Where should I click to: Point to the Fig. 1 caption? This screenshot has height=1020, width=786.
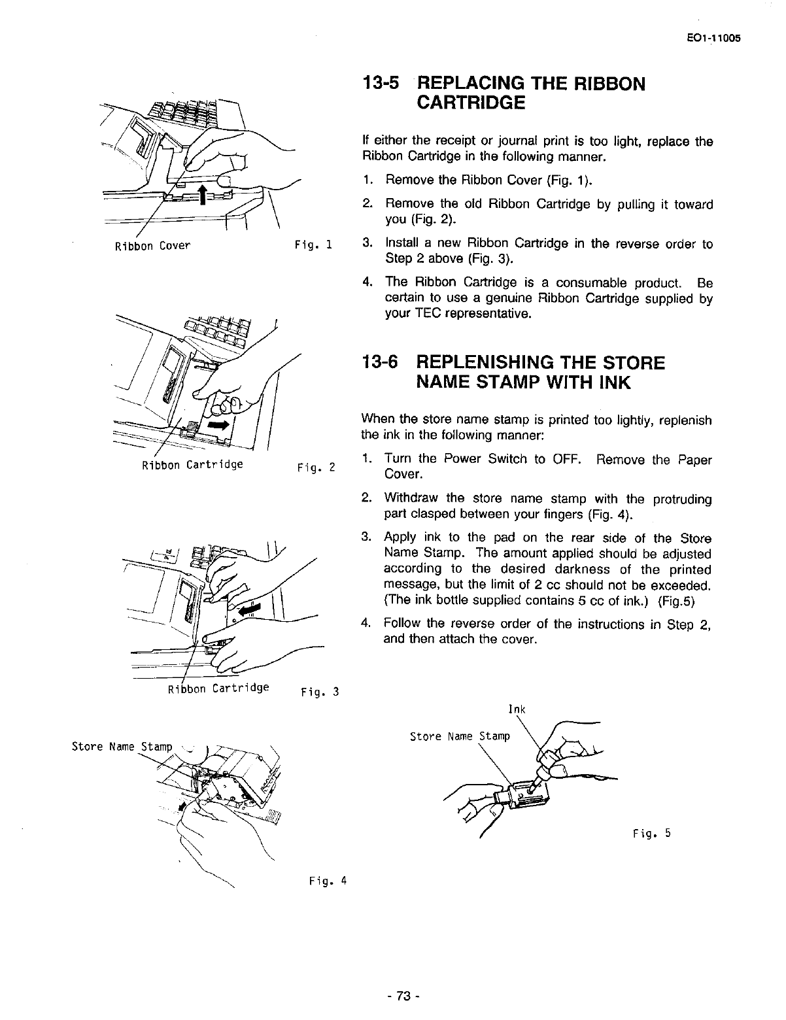[314, 246]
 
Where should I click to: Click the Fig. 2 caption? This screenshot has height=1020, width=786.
[316, 468]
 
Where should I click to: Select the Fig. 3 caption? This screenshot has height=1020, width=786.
[319, 692]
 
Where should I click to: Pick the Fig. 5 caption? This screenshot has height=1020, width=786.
[651, 833]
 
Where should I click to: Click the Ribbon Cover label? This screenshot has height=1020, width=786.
[152, 246]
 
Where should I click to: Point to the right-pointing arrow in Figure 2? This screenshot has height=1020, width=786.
[218, 424]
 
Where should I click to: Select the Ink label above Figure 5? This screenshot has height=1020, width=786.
[517, 709]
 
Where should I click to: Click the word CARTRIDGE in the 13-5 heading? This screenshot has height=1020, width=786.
[470, 103]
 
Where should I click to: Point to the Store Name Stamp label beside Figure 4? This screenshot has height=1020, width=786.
[122, 747]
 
